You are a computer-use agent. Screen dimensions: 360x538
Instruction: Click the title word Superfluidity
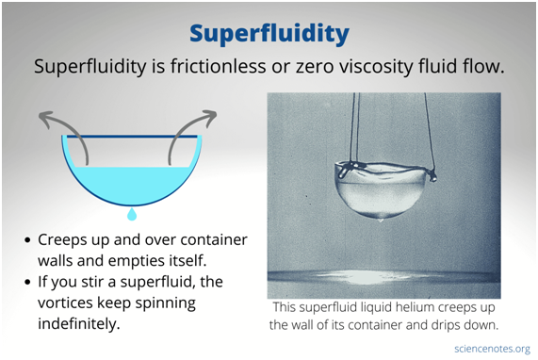coord(269,34)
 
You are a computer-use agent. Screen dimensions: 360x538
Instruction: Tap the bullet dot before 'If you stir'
coord(30,283)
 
